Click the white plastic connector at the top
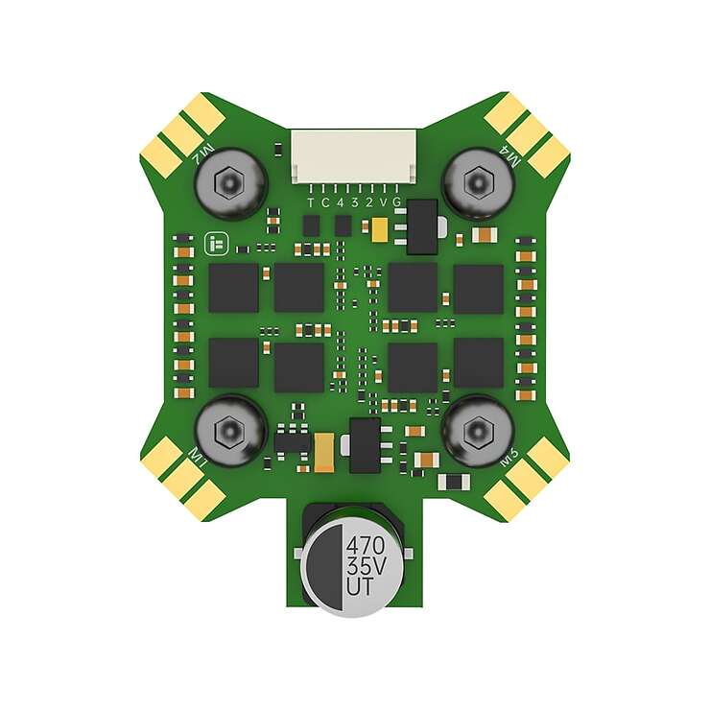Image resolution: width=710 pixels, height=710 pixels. [x=355, y=156]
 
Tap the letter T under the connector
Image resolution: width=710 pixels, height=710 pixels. [x=310, y=202]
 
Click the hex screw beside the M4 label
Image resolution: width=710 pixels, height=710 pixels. [x=477, y=179]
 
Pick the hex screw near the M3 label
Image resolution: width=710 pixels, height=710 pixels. [x=477, y=431]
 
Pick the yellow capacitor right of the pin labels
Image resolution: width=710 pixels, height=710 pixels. [x=379, y=228]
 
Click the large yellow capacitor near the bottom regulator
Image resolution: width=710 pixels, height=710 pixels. [x=323, y=449]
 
